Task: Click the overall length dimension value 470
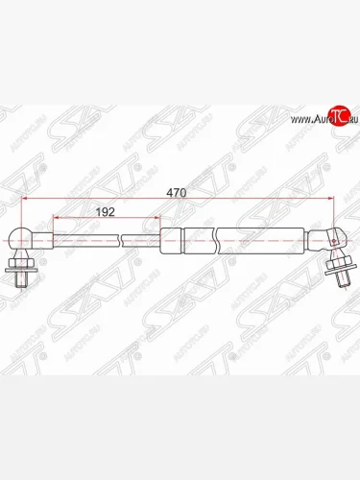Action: (175, 192)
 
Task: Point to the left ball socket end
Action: (24, 239)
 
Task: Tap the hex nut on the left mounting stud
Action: (21, 264)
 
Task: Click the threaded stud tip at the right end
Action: (343, 280)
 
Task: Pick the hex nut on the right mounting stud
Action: (338, 266)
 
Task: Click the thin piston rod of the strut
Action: (86, 238)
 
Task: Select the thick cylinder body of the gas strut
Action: (250, 237)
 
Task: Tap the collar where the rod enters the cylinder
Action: (170, 238)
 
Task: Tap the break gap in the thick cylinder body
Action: (217, 237)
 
